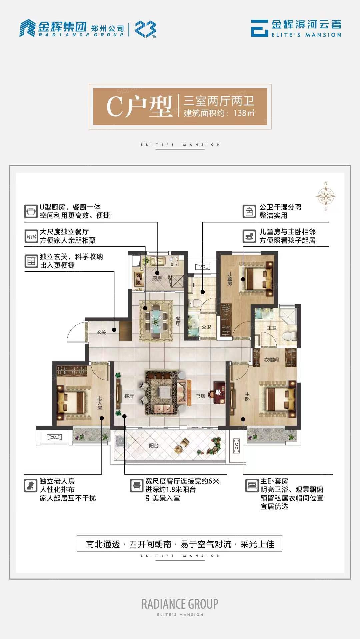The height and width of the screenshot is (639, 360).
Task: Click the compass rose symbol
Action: click(x=326, y=196)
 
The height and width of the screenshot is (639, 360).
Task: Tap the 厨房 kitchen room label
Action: click(x=157, y=278)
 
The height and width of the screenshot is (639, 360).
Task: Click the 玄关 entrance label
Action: click(x=101, y=332)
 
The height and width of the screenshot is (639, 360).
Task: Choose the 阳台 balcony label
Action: click(x=154, y=446)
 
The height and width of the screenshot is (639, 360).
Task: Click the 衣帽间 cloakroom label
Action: click(x=271, y=360)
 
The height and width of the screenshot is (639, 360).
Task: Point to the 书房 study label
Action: click(x=201, y=396)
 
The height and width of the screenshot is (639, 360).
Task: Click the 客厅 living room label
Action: click(x=129, y=396)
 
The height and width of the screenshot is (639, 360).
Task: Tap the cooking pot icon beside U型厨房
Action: click(x=31, y=211)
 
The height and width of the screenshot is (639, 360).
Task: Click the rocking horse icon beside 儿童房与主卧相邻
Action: click(x=249, y=236)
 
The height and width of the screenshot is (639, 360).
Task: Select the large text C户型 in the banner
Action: click(x=139, y=107)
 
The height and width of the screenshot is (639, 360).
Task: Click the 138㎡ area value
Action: click(x=244, y=113)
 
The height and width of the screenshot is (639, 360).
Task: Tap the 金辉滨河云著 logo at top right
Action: click(x=296, y=28)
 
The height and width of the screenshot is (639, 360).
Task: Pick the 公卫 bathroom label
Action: click(x=206, y=327)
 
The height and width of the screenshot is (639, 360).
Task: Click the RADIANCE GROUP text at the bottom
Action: click(x=180, y=604)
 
